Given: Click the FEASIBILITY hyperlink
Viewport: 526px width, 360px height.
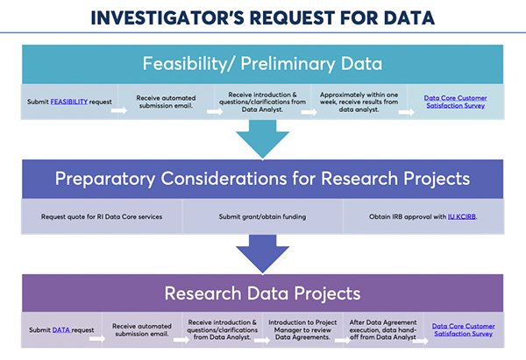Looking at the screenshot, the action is (x=68, y=102).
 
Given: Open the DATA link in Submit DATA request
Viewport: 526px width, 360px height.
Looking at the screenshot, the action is (x=61, y=330).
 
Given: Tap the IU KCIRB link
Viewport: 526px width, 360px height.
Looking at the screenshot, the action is (x=462, y=216).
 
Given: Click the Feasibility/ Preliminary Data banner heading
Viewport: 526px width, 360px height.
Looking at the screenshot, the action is (x=262, y=64).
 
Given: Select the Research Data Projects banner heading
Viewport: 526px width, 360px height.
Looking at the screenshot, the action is (x=262, y=293).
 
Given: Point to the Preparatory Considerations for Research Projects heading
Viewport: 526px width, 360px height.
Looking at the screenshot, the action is (x=262, y=179).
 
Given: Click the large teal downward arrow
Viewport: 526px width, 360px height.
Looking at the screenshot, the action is (x=262, y=138).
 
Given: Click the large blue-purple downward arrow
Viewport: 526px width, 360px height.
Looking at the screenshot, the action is (x=262, y=254).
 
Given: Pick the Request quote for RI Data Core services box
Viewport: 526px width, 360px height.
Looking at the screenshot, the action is (x=102, y=216).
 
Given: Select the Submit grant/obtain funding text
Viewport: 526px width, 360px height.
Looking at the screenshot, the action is (x=262, y=216).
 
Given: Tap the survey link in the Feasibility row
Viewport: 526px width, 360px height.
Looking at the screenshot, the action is (x=456, y=102).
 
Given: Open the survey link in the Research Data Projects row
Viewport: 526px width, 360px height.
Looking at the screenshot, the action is (x=463, y=330).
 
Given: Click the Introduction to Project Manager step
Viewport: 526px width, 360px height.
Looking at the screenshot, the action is (x=302, y=330).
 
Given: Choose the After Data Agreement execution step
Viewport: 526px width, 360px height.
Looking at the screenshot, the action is (x=383, y=330).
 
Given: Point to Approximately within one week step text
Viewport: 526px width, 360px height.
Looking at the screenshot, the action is (x=359, y=102).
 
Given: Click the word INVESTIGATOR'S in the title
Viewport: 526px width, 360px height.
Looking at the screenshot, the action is (x=167, y=18).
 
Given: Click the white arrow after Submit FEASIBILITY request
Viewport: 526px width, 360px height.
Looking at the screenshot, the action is (x=119, y=110).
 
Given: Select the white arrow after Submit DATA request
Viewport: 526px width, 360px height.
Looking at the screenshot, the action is (x=97, y=339).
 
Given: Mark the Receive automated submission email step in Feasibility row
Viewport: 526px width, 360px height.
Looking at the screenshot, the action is (x=166, y=102).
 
